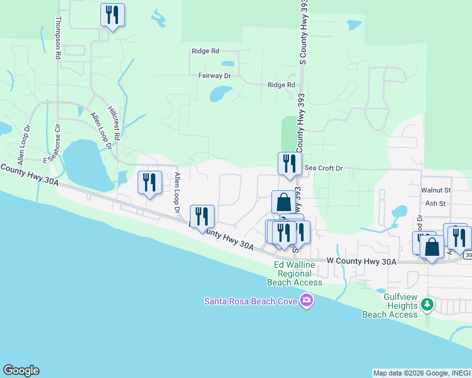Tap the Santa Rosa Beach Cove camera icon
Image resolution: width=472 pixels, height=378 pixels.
pyautogui.click(x=307, y=301)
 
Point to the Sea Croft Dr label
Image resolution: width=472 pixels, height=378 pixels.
pyautogui.click(x=323, y=168)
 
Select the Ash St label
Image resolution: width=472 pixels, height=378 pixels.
pyautogui.click(x=435, y=203)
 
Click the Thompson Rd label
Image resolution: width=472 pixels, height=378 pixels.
pyautogui.click(x=57, y=38)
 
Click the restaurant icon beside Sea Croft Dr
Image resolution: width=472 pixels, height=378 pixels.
pyautogui.click(x=289, y=164)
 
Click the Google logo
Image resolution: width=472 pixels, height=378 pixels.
pyautogui.click(x=21, y=370)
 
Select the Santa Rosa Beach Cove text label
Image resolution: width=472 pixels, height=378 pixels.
pyautogui.click(x=252, y=301)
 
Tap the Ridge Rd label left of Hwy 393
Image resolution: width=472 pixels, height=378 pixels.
pyautogui.click(x=206, y=50)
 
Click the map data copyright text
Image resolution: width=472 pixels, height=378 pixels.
pyautogui.click(x=421, y=373)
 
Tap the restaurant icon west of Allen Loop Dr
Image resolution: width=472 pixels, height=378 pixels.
pyautogui.click(x=150, y=183)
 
